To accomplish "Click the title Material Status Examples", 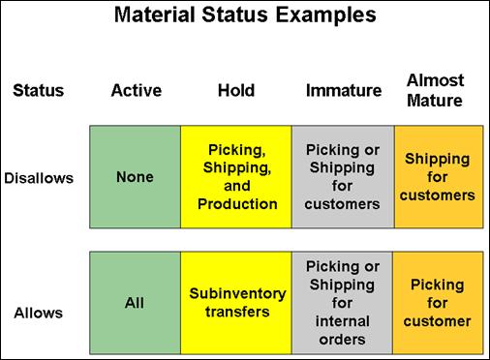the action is pyautogui.click(x=245, y=16).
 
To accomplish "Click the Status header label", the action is pyautogui.click(x=38, y=91).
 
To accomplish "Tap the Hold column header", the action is pyautogui.click(x=236, y=91).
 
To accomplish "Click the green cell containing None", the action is pyautogui.click(x=134, y=178).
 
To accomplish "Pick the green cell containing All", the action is pyautogui.click(x=134, y=303).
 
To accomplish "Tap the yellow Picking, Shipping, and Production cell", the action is pyautogui.click(x=237, y=178).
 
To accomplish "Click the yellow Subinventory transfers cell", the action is pyautogui.click(x=237, y=303).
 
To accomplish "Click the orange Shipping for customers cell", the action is pyautogui.click(x=440, y=178).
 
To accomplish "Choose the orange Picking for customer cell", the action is pyautogui.click(x=440, y=303).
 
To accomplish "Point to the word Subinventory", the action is pyautogui.click(x=237, y=294).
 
